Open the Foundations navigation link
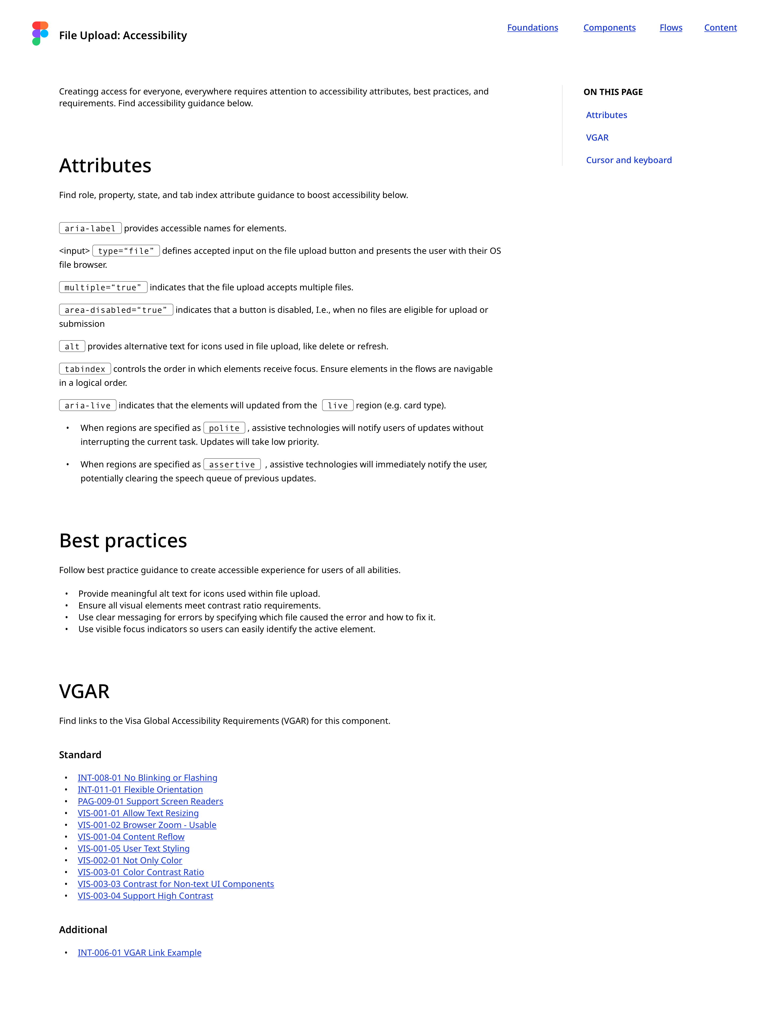click(532, 28)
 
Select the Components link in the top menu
click(609, 28)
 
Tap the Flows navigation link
click(670, 28)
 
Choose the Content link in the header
click(720, 28)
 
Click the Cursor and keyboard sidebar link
click(629, 160)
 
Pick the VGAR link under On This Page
click(597, 138)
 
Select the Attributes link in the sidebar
click(606, 115)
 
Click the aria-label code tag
click(90, 228)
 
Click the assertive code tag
click(232, 465)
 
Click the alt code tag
click(72, 346)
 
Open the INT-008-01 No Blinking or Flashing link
click(147, 778)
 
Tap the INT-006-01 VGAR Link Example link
click(139, 953)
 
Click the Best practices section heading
click(123, 541)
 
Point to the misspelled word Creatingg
click(79, 91)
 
